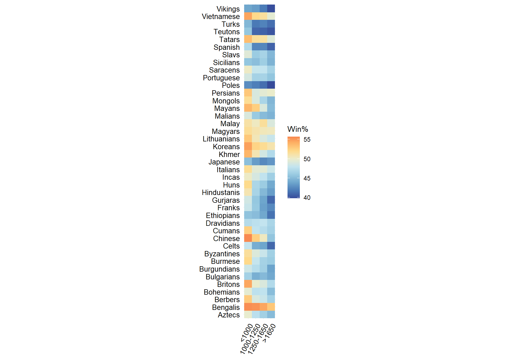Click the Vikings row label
(x=228, y=9)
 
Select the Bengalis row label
(x=226, y=307)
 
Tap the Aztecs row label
(x=229, y=315)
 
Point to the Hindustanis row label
(x=221, y=192)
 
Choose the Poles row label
(x=230, y=85)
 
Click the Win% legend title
(x=297, y=129)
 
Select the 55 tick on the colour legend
(x=307, y=140)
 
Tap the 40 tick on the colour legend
(x=307, y=198)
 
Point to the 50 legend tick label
(x=307, y=159)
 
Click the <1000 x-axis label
(x=247, y=333)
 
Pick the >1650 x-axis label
(x=269, y=333)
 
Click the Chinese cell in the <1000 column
(x=248, y=238)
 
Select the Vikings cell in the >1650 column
(x=271, y=9)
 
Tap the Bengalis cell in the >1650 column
(x=271, y=307)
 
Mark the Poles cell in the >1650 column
(x=271, y=85)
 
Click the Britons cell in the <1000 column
(x=248, y=284)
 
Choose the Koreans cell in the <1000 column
(x=248, y=146)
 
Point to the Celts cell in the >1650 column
(x=271, y=246)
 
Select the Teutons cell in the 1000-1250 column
(x=256, y=32)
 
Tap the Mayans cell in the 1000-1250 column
(x=256, y=108)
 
